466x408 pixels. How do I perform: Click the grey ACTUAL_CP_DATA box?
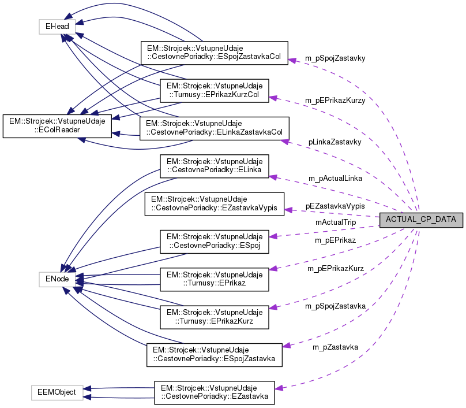(420, 220)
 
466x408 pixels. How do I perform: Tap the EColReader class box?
(57, 127)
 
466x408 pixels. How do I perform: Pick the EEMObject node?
(57, 391)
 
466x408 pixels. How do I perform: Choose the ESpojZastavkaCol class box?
(214, 53)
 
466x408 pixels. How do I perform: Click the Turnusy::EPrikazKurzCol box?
(214, 91)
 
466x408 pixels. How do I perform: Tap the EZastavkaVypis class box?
(214, 204)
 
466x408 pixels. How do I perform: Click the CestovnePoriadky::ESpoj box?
(214, 242)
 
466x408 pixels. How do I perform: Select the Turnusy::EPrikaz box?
(214, 279)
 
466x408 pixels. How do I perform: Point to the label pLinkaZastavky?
(335, 142)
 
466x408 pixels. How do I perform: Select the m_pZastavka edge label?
(335, 347)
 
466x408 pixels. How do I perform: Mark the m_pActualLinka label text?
(335, 179)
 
